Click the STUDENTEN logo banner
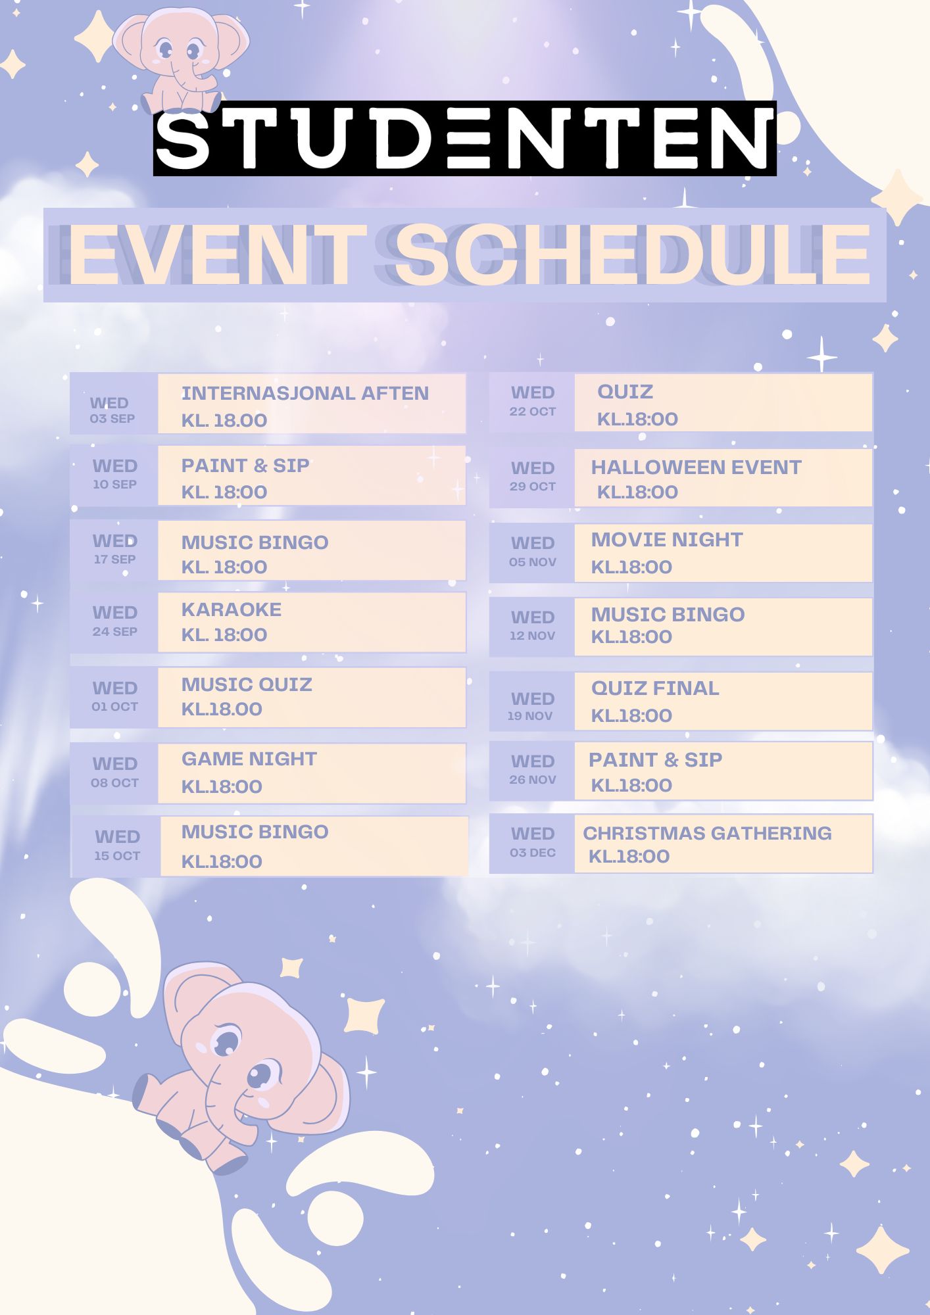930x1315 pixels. [465, 138]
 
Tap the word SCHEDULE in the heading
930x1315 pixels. [633, 255]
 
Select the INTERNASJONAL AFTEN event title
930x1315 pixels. [305, 393]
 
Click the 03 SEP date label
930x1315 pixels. [112, 419]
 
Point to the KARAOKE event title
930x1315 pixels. [232, 610]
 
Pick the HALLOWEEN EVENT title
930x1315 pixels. [696, 467]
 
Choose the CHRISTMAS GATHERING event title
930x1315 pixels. [707, 833]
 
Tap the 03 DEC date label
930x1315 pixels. [533, 853]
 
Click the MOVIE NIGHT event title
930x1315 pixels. [667, 540]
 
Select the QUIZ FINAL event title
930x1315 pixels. [655, 688]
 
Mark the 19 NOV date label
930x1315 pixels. [530, 716]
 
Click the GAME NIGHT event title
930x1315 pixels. [249, 759]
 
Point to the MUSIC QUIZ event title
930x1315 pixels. [247, 685]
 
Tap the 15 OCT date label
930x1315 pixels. [117, 856]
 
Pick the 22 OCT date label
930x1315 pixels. [533, 412]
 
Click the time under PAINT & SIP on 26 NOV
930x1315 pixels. [631, 785]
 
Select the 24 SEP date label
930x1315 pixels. [115, 632]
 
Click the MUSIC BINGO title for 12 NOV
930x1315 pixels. [668, 614]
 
